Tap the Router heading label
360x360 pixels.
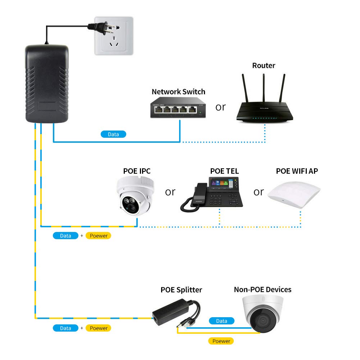pyautogui.click(x=264, y=65)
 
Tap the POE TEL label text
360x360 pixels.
pyautogui.click(x=224, y=171)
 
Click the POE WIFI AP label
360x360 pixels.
pyautogui.click(x=297, y=171)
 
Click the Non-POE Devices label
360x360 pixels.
pyautogui.click(x=263, y=290)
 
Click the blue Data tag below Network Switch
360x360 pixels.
pyautogui.click(x=113, y=134)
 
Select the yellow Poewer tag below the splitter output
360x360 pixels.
pyautogui.click(x=221, y=341)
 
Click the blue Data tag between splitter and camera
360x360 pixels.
pyautogui.click(x=221, y=321)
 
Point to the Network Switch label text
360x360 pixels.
pyautogui.click(x=178, y=92)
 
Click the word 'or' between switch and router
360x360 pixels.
pyautogui.click(x=220, y=107)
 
